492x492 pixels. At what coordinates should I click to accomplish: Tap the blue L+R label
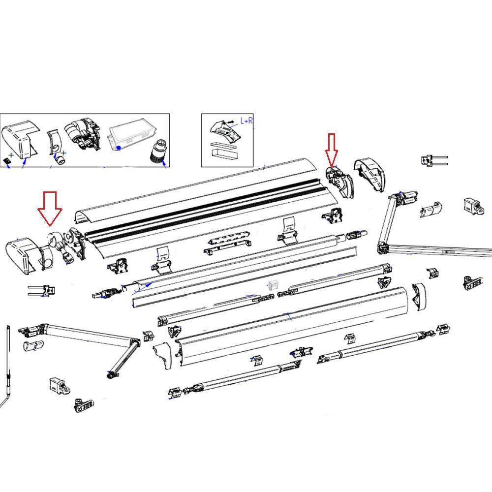[246, 121]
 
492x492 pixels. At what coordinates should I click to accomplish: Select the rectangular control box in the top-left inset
[129, 134]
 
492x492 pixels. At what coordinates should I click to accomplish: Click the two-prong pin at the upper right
[433, 160]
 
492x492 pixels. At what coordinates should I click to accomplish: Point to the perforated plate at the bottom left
[84, 406]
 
